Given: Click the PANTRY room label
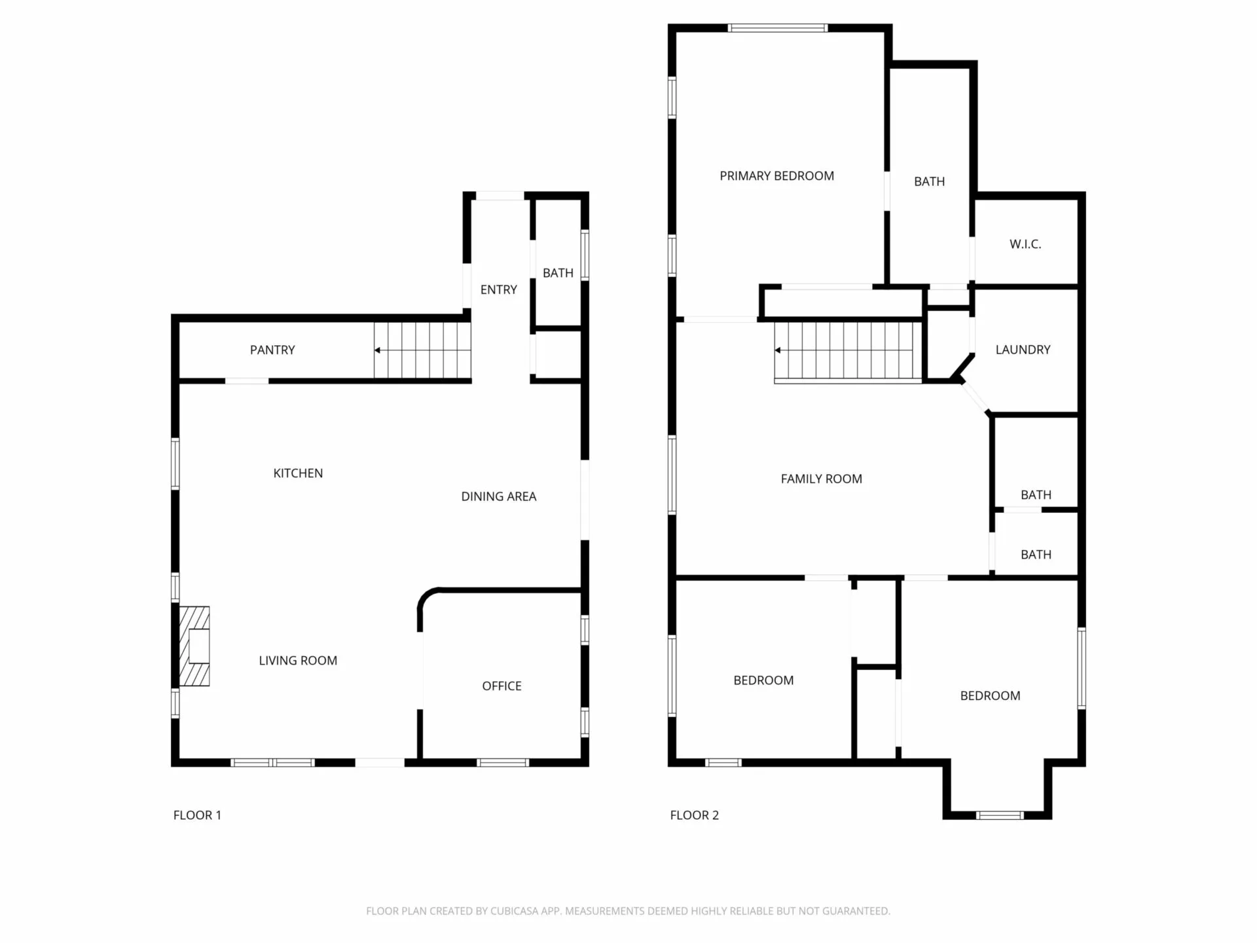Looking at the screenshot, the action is pos(272,350).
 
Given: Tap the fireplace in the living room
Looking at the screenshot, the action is pos(194,646).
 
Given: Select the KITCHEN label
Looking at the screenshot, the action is pos(298,473).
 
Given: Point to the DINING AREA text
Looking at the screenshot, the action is pos(499,496).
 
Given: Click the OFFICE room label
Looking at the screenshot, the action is pos(501,686).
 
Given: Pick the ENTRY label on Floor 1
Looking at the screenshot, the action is pos(499,289).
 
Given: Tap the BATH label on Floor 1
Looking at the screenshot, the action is pos(558,272).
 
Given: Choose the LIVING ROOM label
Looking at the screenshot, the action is pos(298,660).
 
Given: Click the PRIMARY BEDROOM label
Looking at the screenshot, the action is pos(777,176).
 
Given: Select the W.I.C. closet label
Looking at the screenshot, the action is pos(1025,244).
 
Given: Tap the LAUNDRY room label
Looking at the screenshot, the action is pos(1023,350).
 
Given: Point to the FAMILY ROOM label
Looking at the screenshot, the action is pos(822,479).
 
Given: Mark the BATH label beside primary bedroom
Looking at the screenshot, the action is pos(930,181).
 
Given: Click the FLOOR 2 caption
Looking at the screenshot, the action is pos(695,815).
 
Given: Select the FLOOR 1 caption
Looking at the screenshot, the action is pos(197,815).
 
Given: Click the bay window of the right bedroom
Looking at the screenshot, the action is pos(999,815).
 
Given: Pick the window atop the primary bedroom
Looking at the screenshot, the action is pos(778,28).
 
